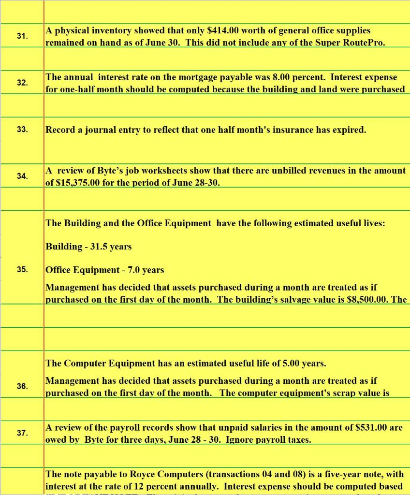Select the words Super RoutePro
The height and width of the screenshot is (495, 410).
(x=356, y=43)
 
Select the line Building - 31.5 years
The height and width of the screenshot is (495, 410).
(x=88, y=247)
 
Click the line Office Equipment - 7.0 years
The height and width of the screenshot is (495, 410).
(x=105, y=270)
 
